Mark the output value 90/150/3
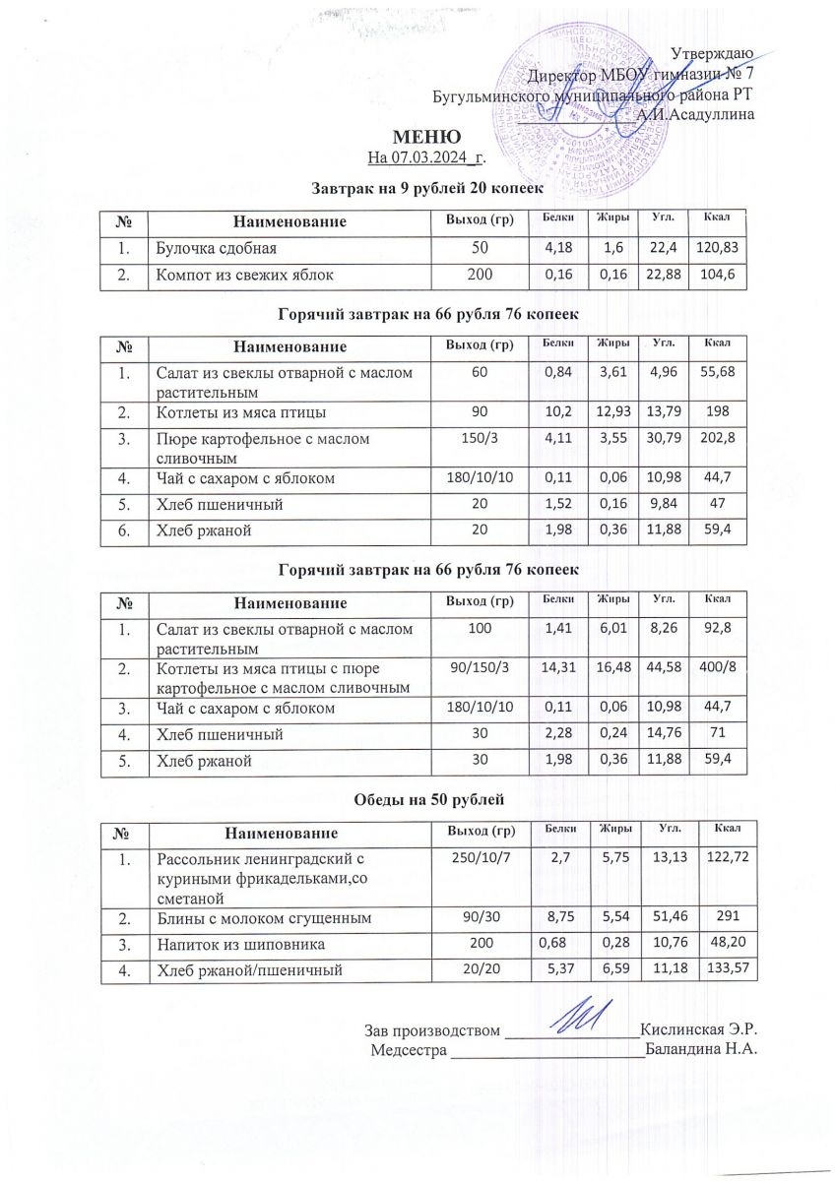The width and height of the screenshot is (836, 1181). pyautogui.click(x=476, y=672)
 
